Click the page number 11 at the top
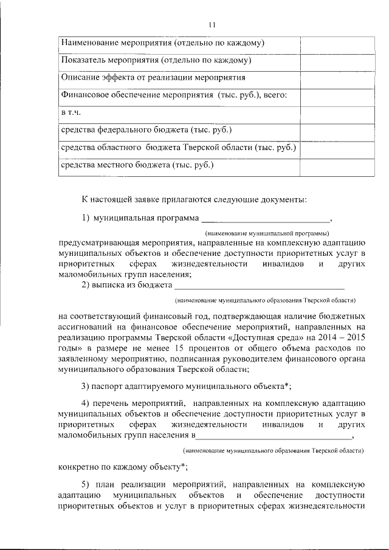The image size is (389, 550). click(x=211, y=25)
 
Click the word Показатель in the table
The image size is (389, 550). click(x=84, y=61)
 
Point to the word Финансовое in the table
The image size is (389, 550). click(x=85, y=95)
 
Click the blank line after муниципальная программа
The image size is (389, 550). click(x=266, y=220)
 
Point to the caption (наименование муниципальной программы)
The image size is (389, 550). click(x=267, y=233)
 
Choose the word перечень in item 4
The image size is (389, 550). click(x=114, y=404)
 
